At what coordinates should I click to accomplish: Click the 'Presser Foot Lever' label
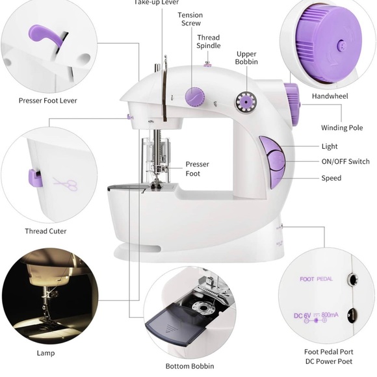click(x=48, y=101)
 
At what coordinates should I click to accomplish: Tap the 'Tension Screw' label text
click(x=190, y=19)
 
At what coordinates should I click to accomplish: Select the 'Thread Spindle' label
click(x=209, y=42)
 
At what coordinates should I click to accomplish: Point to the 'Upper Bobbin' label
click(x=246, y=58)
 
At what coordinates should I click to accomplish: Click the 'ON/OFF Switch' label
click(x=345, y=162)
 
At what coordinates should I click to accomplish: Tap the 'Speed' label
click(x=330, y=178)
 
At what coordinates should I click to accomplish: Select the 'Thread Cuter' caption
click(x=45, y=231)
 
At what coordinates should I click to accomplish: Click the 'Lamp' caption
click(x=45, y=353)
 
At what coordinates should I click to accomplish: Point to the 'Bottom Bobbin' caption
click(x=189, y=367)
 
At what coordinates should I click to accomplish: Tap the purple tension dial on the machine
click(x=192, y=97)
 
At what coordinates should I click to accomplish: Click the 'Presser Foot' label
click(x=197, y=169)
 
